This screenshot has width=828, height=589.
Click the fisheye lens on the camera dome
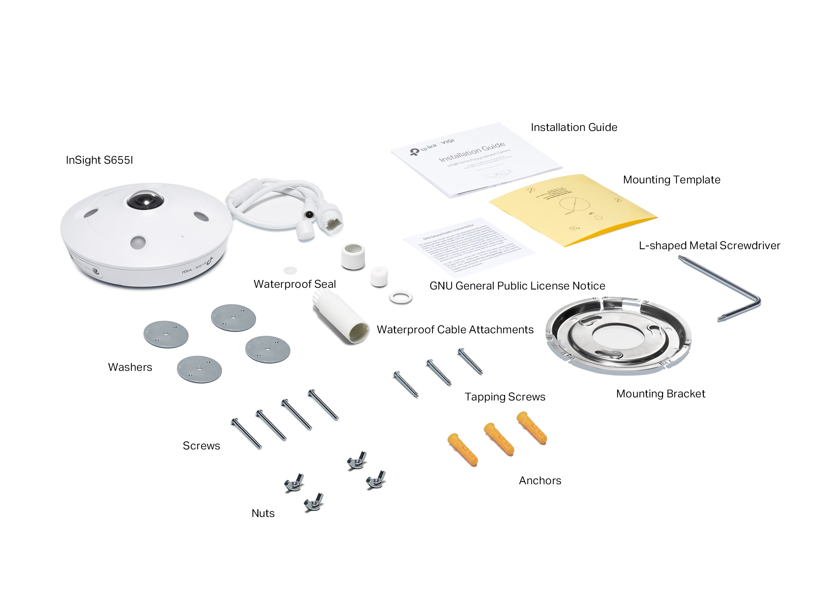tap(145, 201)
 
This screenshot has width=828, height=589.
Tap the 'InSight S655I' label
tap(99, 160)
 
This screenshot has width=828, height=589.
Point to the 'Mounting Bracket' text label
tap(660, 394)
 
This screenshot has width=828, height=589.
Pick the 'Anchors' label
tap(540, 480)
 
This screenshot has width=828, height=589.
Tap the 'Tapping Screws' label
tap(505, 397)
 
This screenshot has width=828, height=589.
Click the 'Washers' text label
tap(130, 367)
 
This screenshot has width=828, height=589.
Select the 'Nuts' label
tap(263, 513)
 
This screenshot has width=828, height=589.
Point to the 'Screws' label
tap(201, 446)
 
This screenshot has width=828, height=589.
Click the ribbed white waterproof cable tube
tap(341, 319)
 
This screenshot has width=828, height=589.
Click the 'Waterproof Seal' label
tap(294, 284)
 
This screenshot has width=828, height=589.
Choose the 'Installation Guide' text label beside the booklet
tap(573, 127)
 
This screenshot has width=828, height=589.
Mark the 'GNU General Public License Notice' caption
tap(517, 286)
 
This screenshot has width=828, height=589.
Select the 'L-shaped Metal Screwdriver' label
tap(709, 245)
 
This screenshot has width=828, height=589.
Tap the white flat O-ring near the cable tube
tap(401, 297)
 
